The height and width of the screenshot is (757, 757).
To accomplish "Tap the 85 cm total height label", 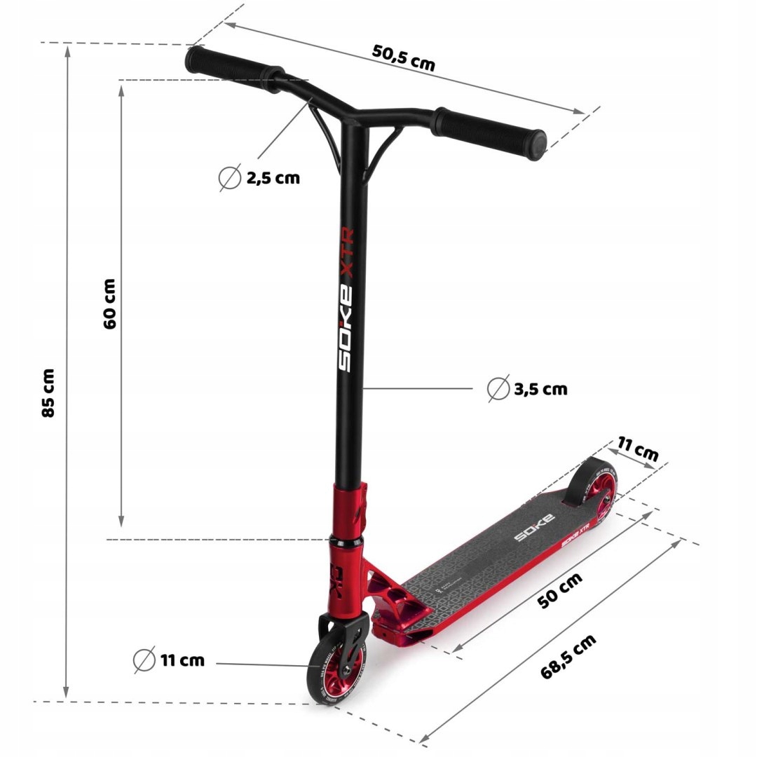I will click(x=48, y=393).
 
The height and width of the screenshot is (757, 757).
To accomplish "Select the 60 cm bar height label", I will click(x=109, y=304).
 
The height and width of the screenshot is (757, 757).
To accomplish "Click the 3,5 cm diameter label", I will click(x=540, y=389).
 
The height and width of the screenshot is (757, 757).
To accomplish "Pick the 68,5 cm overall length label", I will click(x=568, y=656).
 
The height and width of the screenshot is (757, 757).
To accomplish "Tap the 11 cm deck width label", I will click(x=638, y=449).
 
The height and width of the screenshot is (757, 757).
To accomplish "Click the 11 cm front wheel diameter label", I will click(x=182, y=660).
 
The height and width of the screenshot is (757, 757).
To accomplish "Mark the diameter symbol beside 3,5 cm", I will click(x=498, y=388).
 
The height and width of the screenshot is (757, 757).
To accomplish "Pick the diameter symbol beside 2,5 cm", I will click(x=229, y=179).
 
